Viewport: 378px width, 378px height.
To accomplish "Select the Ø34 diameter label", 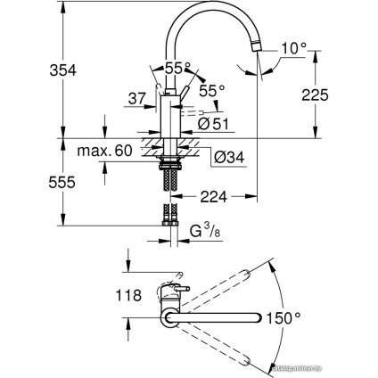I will pos(228,158).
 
